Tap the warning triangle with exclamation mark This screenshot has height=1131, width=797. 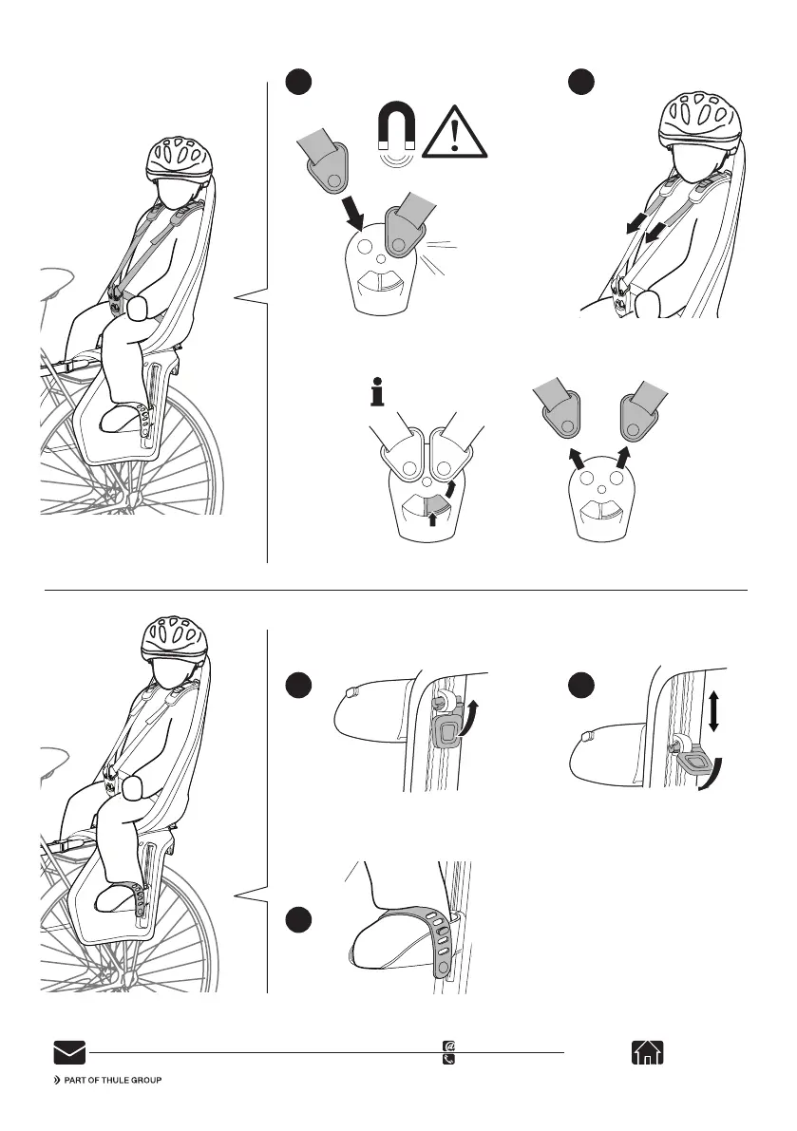coord(454,134)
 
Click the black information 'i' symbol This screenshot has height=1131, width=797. coord(376,391)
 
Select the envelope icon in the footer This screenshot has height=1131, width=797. coord(70,1052)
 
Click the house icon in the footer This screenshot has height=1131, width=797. coord(648,1052)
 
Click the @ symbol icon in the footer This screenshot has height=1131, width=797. coord(448,1046)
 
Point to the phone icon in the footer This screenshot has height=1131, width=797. coord(448,1059)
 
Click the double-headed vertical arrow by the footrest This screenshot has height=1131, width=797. coord(713,711)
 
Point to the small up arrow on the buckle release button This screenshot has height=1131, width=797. coord(432,518)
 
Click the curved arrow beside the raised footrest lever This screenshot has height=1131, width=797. coord(469,716)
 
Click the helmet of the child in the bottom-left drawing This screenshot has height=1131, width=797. coord(176,637)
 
